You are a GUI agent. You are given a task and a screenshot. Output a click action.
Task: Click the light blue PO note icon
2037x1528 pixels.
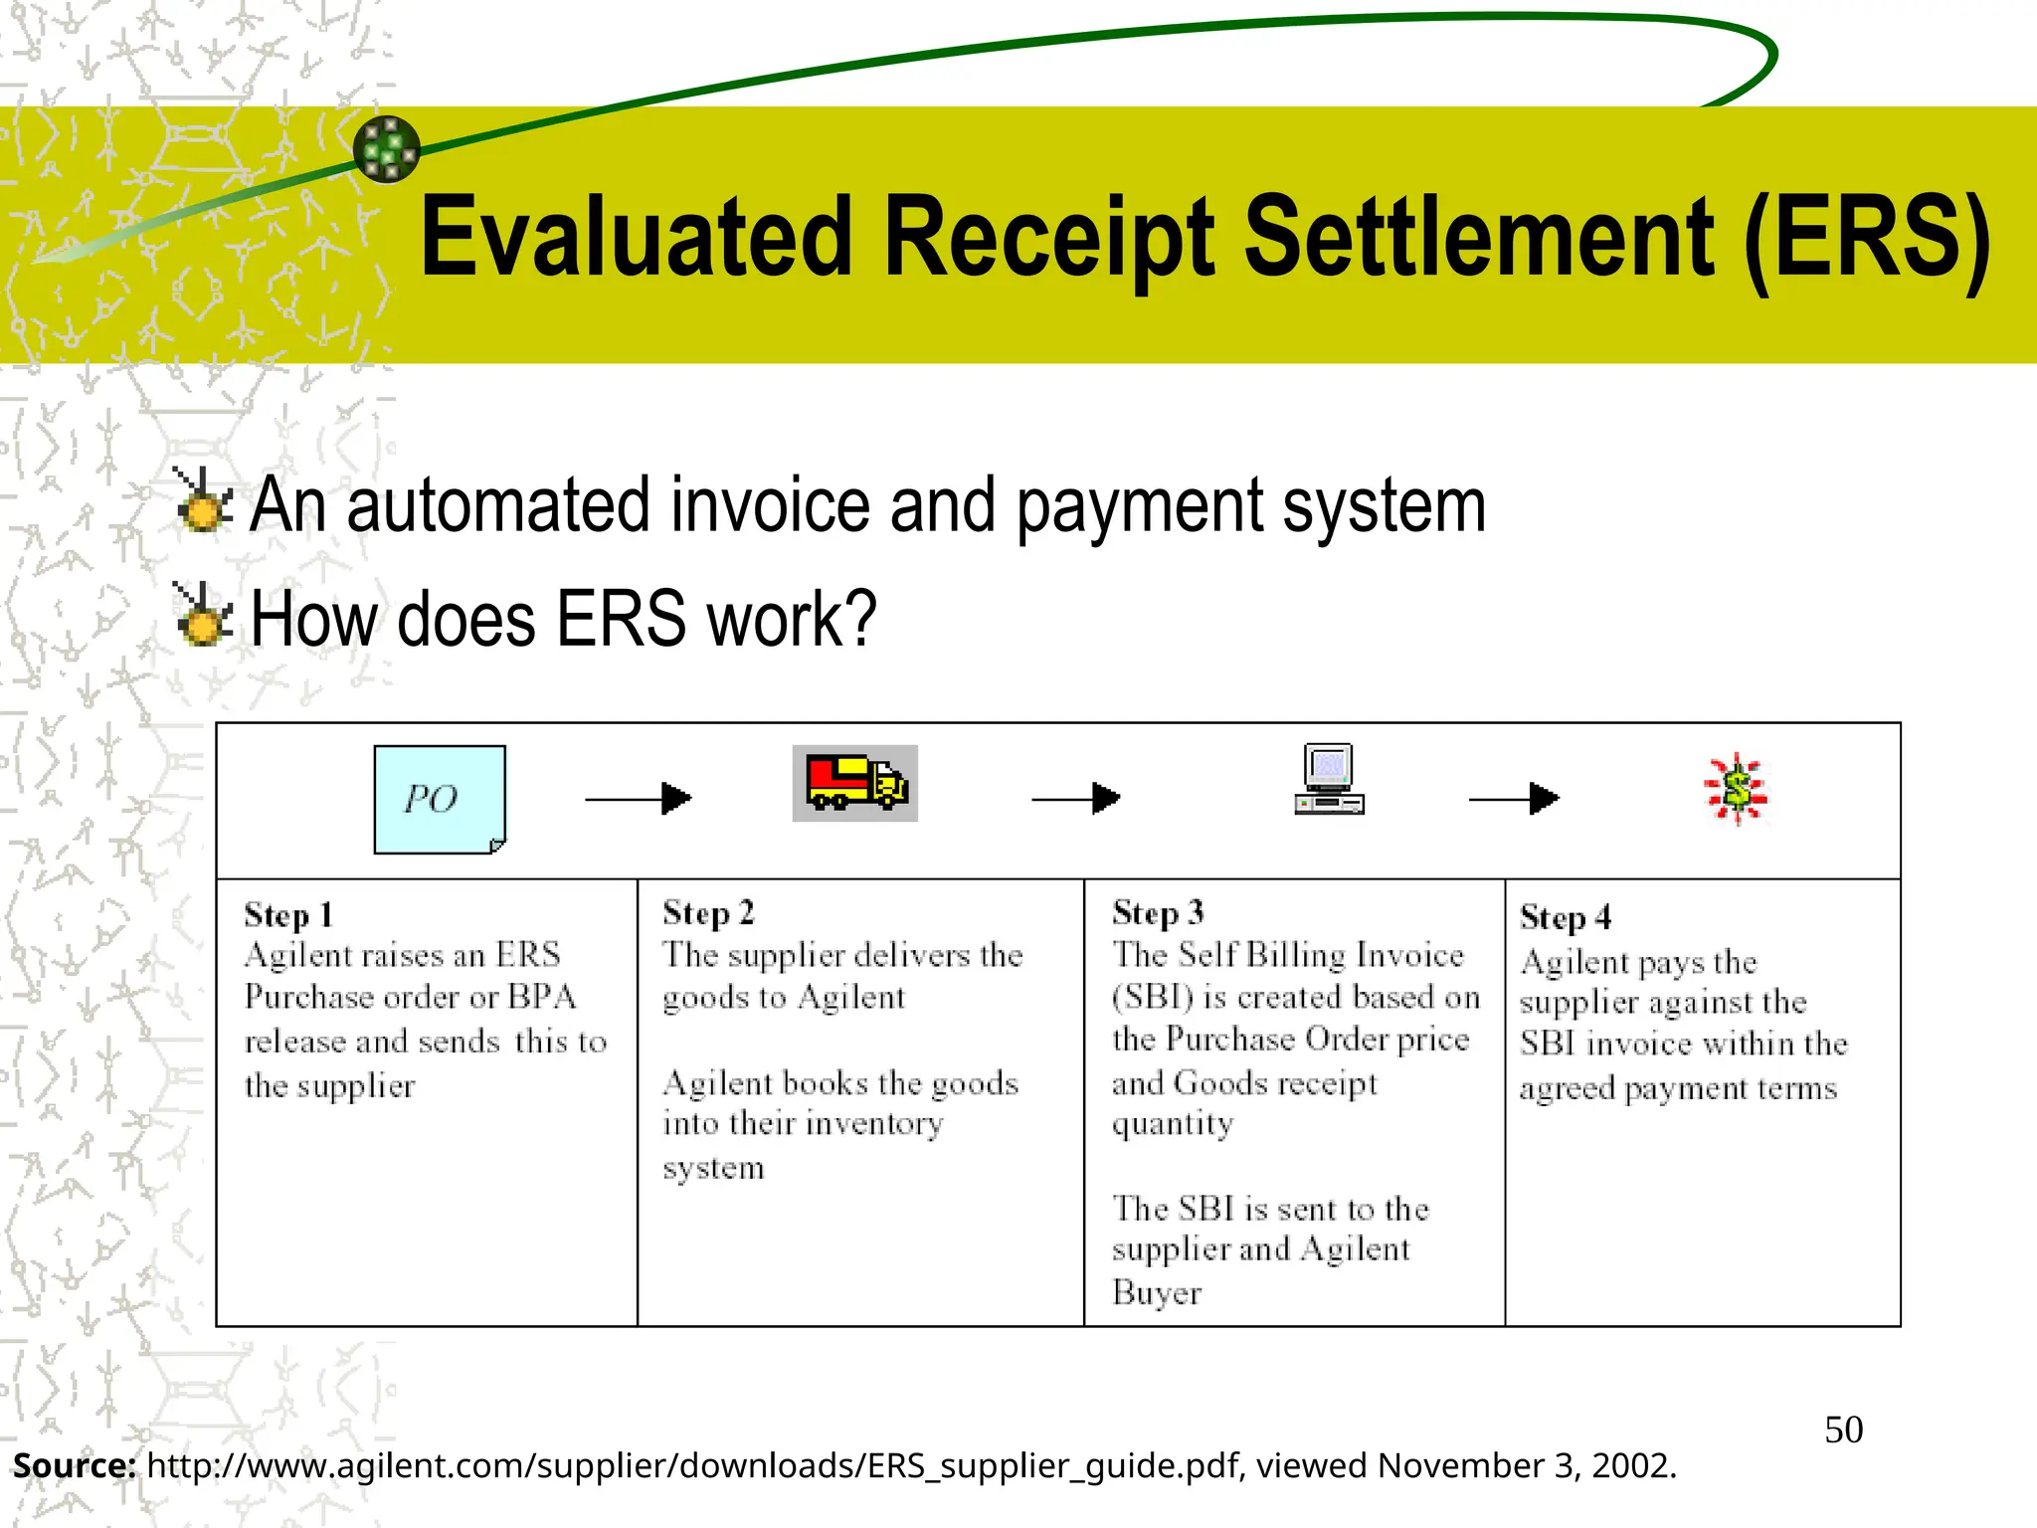coord(440,799)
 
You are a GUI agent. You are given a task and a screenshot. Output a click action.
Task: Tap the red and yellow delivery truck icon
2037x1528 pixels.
coord(854,783)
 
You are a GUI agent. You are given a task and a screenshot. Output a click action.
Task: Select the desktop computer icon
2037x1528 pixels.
coord(1330,780)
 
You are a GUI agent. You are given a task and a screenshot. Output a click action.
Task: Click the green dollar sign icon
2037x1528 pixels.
coord(1736,790)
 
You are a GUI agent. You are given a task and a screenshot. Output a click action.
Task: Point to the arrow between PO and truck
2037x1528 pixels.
coord(639,798)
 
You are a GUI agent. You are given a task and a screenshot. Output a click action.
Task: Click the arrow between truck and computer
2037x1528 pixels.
coord(1076,798)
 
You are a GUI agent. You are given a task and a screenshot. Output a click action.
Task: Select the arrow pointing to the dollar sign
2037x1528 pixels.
coord(1514,798)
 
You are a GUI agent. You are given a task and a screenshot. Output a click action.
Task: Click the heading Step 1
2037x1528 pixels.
coord(288,915)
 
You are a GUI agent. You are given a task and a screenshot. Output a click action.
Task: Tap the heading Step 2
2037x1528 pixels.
coord(708,912)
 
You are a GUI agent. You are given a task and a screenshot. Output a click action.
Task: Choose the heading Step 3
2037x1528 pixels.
coord(1158,912)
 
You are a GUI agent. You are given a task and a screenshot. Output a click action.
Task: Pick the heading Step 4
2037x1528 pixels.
coord(1566,917)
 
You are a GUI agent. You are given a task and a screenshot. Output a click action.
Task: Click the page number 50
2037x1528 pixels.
coord(1843,1430)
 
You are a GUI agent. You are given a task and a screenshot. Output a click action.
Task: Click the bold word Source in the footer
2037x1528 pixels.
coord(74,1465)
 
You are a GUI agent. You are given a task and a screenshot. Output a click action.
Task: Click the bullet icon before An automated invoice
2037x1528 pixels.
coord(204,500)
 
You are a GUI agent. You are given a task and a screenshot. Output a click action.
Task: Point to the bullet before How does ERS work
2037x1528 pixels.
coord(204,615)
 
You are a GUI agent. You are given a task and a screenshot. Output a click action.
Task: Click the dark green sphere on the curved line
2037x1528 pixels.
coord(387,149)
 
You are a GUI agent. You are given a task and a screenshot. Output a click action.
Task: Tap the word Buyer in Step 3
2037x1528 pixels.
coord(1157,1292)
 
